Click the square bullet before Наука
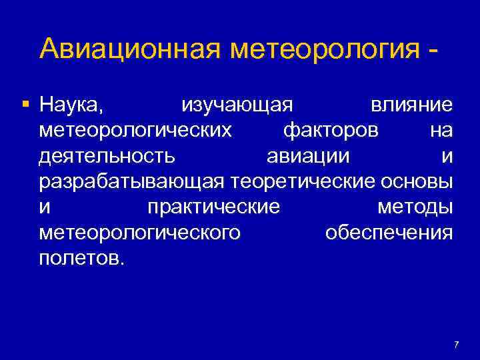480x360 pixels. coord(25,105)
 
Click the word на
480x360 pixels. coord(441,131)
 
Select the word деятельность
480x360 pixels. coord(108,157)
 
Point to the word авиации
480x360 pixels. coord(310,157)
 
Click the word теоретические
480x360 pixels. coord(304,182)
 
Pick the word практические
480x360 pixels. coord(213,207)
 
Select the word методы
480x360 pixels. coord(415,207)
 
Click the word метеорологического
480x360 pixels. coord(140,233)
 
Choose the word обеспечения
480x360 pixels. coord(389,233)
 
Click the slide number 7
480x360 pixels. coord(456,345)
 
